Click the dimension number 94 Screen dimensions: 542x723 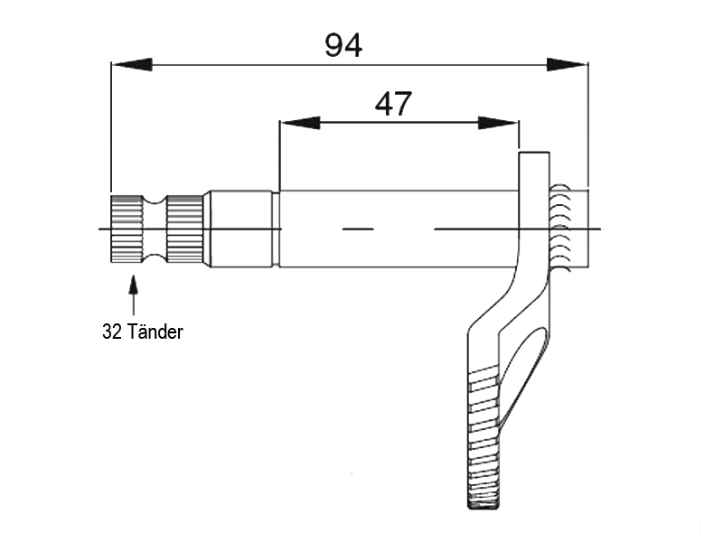343,44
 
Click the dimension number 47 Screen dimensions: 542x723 393,104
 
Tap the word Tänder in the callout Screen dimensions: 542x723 155,332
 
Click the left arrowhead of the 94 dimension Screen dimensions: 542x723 131,64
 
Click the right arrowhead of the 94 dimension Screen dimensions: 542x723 568,64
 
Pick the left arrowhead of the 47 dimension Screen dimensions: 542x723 300,122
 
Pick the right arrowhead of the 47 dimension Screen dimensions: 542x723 499,122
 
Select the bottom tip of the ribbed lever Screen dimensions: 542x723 484,501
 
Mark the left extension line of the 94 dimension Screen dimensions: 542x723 110,126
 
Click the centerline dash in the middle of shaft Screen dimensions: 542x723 358,229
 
